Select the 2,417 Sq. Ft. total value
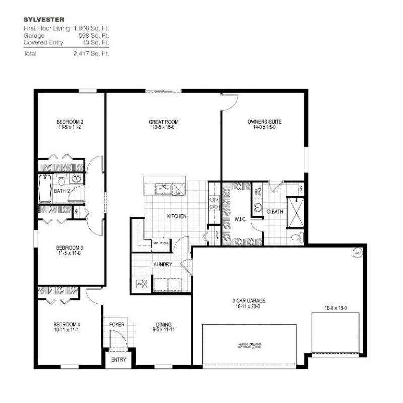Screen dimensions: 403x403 point(91,53)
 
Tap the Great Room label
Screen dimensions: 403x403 point(163,122)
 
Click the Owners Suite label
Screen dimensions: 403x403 point(264,122)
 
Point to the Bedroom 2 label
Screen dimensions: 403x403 point(70,122)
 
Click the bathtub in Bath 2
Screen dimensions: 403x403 point(45,189)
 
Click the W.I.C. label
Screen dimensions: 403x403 point(239,219)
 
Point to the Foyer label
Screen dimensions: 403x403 point(117,324)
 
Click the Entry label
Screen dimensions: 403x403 point(119,360)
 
